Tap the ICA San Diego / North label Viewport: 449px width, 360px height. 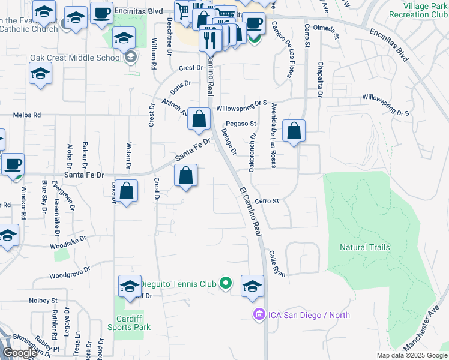click(309, 315)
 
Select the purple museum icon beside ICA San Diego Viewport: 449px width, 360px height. click(259, 314)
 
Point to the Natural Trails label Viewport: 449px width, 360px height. click(364, 247)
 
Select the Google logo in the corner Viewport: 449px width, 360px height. click(20, 353)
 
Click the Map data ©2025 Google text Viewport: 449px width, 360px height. click(411, 355)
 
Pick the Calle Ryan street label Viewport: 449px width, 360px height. click(277, 263)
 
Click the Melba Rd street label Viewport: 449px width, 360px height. click(28, 115)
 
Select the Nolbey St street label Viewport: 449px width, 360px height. click(45, 300)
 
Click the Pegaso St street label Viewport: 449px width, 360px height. click(245, 124)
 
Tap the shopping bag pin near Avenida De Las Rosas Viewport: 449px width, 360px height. click(294, 131)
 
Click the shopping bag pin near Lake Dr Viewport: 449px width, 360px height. click(127, 192)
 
